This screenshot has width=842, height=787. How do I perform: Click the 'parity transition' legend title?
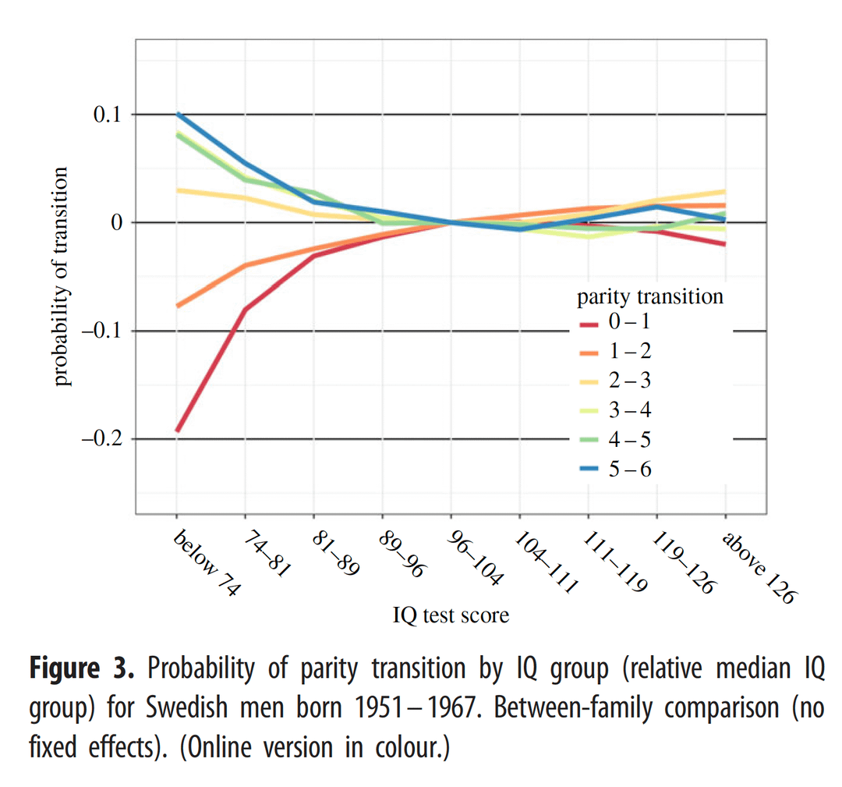[x=650, y=296]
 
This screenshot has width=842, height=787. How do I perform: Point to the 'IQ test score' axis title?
[x=451, y=615]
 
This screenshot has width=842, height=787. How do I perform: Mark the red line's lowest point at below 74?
[x=177, y=430]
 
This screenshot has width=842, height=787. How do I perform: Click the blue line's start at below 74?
[x=178, y=115]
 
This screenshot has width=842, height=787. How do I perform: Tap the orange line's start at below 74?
[x=178, y=306]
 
